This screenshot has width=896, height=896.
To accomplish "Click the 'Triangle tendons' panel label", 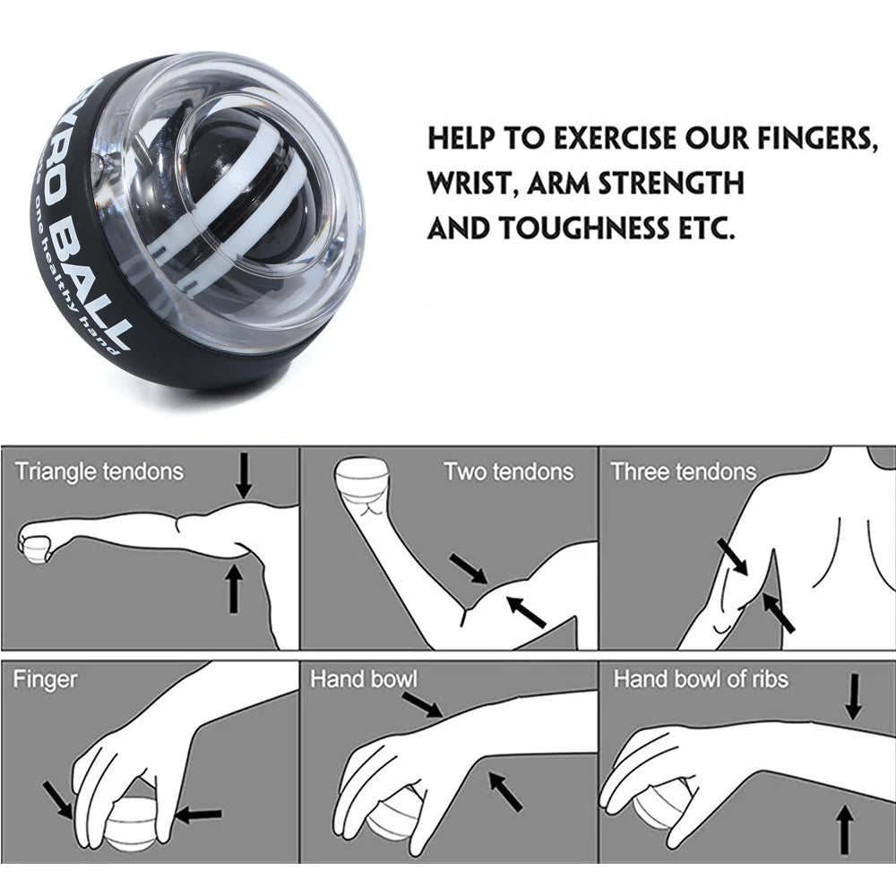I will click(99, 471).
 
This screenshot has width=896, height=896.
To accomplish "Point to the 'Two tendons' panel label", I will click(508, 471).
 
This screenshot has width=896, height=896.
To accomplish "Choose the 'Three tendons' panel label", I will click(683, 471).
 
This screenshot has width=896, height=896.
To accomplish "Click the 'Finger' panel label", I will click(45, 679).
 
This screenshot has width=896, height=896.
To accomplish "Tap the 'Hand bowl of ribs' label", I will click(701, 679).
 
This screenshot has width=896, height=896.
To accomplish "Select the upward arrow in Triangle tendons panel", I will click(234, 588).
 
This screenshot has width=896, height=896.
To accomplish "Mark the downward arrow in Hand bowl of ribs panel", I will click(853, 696).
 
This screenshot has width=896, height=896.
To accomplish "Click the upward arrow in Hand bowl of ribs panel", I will click(842, 829).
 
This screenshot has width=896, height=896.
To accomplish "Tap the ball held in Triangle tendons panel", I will click(35, 545).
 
